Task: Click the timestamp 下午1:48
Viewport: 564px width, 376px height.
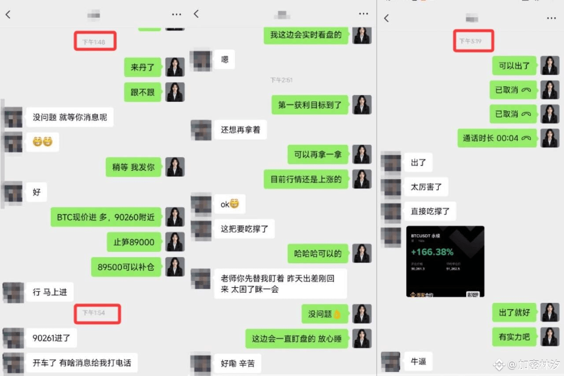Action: tap(94, 42)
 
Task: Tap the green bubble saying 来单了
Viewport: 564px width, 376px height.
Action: tap(142, 67)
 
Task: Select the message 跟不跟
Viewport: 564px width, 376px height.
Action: tap(142, 92)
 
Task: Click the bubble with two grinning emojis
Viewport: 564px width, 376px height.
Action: tap(42, 142)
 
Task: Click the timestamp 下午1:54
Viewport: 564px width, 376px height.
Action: tap(94, 313)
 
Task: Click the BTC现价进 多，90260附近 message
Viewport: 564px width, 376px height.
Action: tap(106, 217)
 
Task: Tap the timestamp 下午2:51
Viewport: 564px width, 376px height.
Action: tap(281, 80)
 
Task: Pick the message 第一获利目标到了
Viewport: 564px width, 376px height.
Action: tap(310, 105)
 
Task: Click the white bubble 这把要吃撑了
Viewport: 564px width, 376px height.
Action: tap(244, 229)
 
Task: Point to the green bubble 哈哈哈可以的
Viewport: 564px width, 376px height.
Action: tap(318, 254)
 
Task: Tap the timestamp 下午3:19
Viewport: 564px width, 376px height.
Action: tap(470, 41)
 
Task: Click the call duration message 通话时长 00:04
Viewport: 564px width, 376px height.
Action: tap(497, 138)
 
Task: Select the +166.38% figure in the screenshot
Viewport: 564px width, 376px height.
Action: tap(432, 252)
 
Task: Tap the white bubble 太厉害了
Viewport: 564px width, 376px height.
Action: tap(426, 187)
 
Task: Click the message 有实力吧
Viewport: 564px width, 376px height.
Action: tap(514, 337)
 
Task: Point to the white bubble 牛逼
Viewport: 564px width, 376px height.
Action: tap(418, 361)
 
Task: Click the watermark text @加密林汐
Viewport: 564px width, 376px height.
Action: tap(534, 365)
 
